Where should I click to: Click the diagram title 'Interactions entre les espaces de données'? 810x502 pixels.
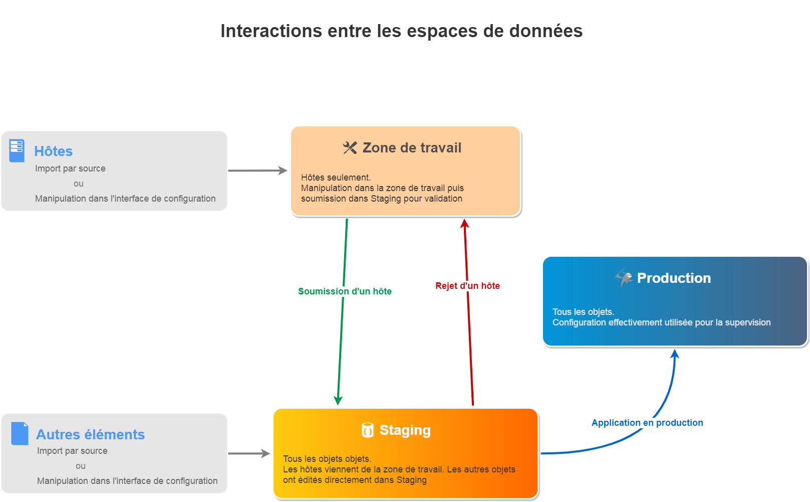401,31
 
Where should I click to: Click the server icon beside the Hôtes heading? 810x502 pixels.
17,150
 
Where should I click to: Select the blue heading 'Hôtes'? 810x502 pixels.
53,151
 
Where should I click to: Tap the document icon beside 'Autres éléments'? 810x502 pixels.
20,433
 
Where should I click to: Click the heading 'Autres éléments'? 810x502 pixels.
90,434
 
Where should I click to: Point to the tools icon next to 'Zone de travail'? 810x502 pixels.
350,148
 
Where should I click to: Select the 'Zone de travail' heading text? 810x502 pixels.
412,148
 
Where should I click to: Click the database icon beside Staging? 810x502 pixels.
368,430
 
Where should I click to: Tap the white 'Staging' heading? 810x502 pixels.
405,430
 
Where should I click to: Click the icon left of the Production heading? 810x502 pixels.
624,277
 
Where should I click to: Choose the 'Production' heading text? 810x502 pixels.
674,278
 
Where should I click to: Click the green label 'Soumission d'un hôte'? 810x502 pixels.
345,291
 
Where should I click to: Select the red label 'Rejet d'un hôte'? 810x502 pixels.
467,286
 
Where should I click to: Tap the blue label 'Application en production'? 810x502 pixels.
647,423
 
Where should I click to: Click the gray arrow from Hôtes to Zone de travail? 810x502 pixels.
257,171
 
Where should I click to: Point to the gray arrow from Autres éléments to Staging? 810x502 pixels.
249,454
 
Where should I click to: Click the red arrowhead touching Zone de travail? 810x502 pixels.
465,224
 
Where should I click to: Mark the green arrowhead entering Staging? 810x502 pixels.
338,400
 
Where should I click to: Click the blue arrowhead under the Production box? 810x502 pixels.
675,354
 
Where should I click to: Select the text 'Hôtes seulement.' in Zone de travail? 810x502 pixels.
336,178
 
